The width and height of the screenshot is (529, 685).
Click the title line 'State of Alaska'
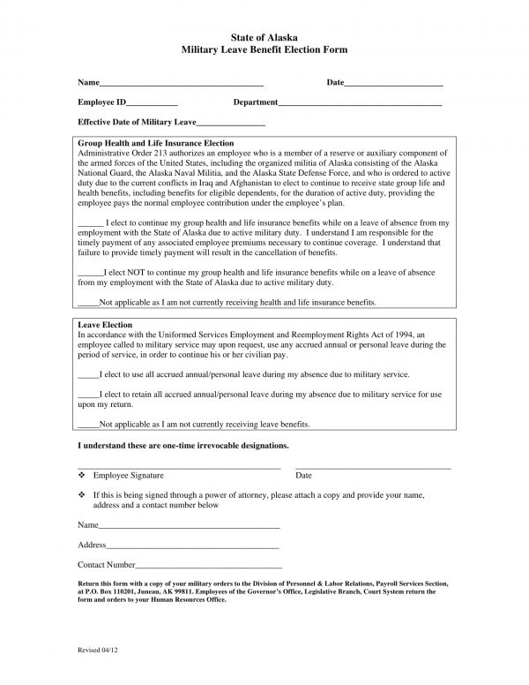point(264,39)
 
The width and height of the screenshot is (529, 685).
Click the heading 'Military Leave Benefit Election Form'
point(264,51)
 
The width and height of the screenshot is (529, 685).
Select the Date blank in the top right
point(393,84)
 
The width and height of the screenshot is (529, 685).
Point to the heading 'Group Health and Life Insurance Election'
point(156,143)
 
